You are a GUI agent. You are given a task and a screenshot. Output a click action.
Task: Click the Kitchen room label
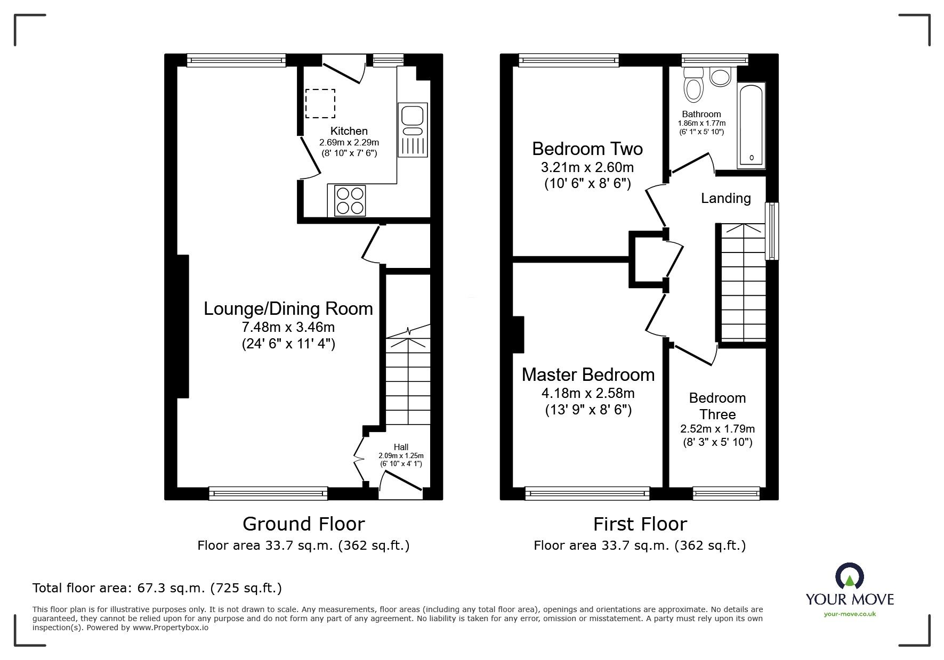pos(349,131)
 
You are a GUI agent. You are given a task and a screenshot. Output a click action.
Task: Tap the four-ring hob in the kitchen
pos(350,200)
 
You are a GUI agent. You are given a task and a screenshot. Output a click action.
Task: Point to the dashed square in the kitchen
pos(320,103)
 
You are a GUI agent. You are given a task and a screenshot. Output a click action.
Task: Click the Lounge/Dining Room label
pos(288,309)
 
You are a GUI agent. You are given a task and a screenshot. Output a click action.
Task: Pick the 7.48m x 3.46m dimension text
pos(288,327)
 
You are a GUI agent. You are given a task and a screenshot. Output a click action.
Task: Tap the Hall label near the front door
pos(401,447)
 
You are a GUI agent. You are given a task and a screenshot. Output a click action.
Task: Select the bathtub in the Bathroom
pos(752,125)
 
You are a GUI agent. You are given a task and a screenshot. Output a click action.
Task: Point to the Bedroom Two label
pos(587,149)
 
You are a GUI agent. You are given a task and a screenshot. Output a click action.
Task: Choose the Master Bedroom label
pos(588,375)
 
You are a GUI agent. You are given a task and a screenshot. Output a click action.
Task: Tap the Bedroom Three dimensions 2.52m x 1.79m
pos(717,429)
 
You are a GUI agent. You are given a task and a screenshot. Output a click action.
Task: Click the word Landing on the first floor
pos(725,199)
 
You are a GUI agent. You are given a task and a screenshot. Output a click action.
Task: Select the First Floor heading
pos(640,524)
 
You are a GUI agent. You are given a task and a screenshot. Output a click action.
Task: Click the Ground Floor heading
pos(303,524)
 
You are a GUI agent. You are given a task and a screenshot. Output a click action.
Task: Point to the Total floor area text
pos(157,588)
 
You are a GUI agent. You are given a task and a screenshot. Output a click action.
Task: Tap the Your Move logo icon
pos(849,576)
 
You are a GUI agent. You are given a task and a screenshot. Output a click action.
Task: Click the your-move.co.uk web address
pos(850,614)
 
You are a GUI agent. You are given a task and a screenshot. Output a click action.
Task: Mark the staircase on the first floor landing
pos(743,282)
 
